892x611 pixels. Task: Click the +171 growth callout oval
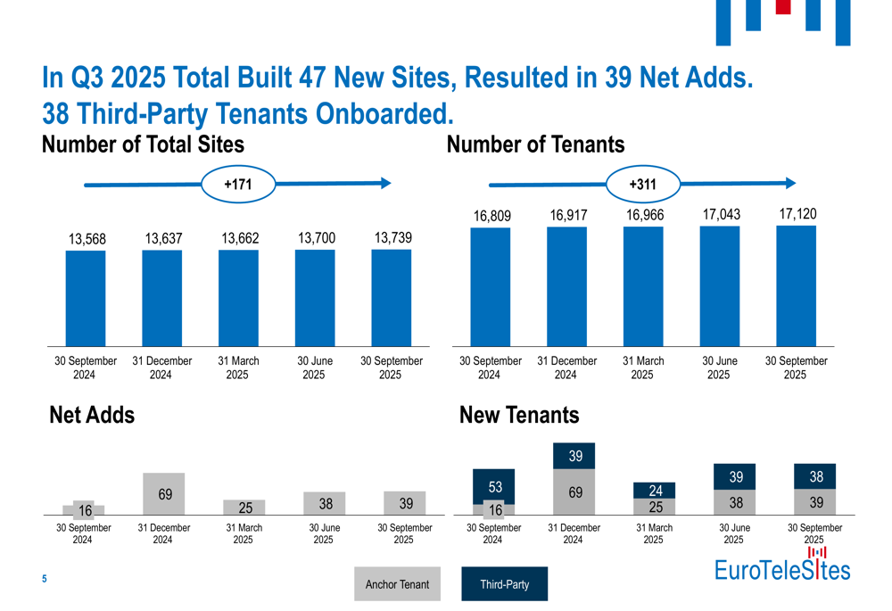237,184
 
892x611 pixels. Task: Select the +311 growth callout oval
642,184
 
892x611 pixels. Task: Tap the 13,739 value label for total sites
392,238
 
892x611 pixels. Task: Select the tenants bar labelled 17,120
796,285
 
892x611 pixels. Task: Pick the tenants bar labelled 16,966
643,285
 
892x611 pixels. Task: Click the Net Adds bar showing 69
165,494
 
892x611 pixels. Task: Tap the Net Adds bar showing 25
244,508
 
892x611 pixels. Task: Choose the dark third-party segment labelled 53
494,486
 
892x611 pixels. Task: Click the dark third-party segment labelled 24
654,491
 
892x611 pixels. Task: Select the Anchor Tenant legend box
397,584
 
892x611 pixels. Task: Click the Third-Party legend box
504,584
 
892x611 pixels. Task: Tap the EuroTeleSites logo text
782,569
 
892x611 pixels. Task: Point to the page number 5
45,580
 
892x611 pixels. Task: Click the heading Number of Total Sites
143,144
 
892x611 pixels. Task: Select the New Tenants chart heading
518,415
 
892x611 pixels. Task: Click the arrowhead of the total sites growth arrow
385,184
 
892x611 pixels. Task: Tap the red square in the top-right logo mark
783,7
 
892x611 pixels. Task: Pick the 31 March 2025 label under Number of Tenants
643,367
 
